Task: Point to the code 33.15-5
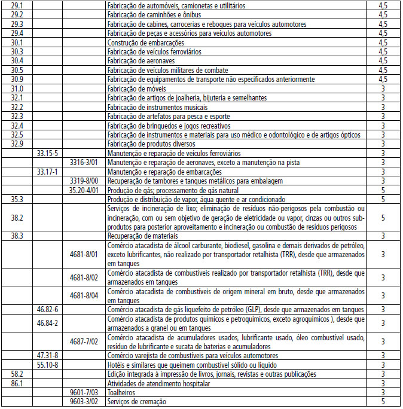coord(47,153)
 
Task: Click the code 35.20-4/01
coord(84,190)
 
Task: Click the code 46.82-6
coord(47,310)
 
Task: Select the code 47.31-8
coord(47,356)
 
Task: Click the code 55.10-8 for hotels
coord(47,365)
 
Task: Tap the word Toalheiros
coord(121,393)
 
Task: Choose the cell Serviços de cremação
coord(136,402)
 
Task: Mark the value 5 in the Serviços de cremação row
coord(383,402)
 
